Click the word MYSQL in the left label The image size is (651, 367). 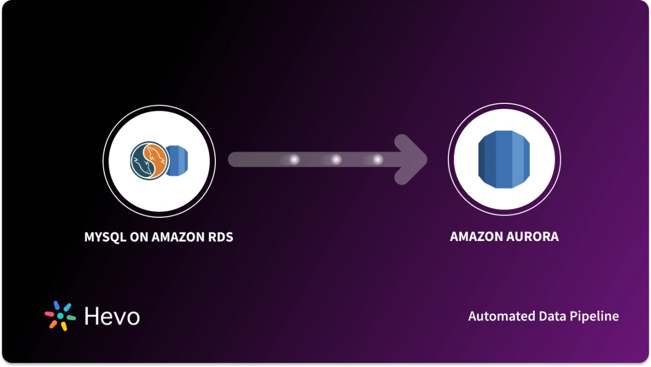[x=104, y=238]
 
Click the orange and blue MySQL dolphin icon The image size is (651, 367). [x=148, y=160]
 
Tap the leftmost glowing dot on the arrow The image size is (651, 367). [x=294, y=160]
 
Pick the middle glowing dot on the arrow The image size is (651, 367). [x=336, y=160]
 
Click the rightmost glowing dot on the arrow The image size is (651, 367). [x=378, y=160]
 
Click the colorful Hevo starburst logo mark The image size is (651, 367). [x=60, y=316]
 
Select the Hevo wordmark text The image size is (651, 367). [x=112, y=316]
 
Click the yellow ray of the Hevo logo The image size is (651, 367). [x=64, y=326]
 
